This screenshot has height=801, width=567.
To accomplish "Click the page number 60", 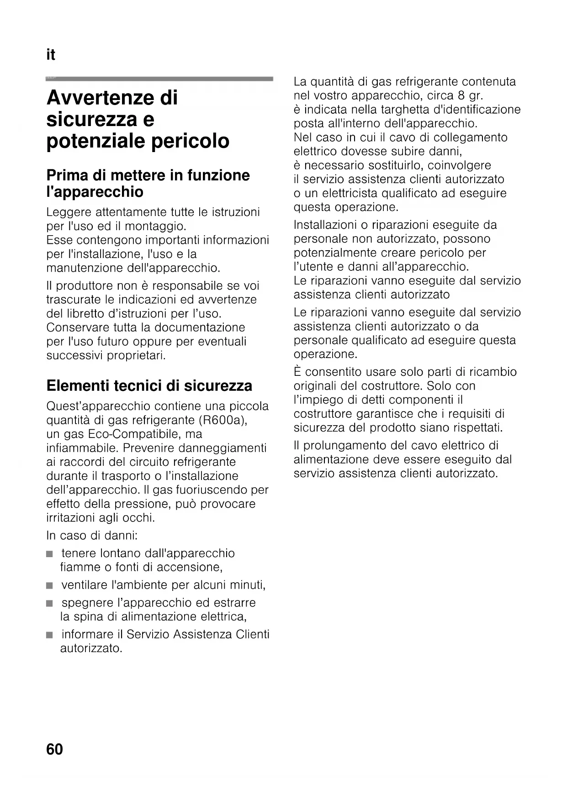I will pos(54,749).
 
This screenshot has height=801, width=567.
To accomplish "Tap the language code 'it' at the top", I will pos(51,55).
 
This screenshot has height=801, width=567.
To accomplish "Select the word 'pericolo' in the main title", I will pos(190,141).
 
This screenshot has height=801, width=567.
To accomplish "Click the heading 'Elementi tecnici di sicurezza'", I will pos(149,386).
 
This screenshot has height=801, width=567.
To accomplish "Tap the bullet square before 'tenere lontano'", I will pos(49,554).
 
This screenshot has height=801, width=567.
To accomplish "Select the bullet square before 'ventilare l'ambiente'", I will pos(49,586).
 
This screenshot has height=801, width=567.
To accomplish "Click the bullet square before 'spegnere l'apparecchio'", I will pos(49,603).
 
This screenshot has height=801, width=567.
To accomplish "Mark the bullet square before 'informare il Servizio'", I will pos(49,635).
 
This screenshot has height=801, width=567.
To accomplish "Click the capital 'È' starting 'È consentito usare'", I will pos(297,372).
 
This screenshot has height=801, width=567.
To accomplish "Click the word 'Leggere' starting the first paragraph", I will pos(69,212).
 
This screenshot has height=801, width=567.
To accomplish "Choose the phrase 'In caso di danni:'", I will pos(92,535).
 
